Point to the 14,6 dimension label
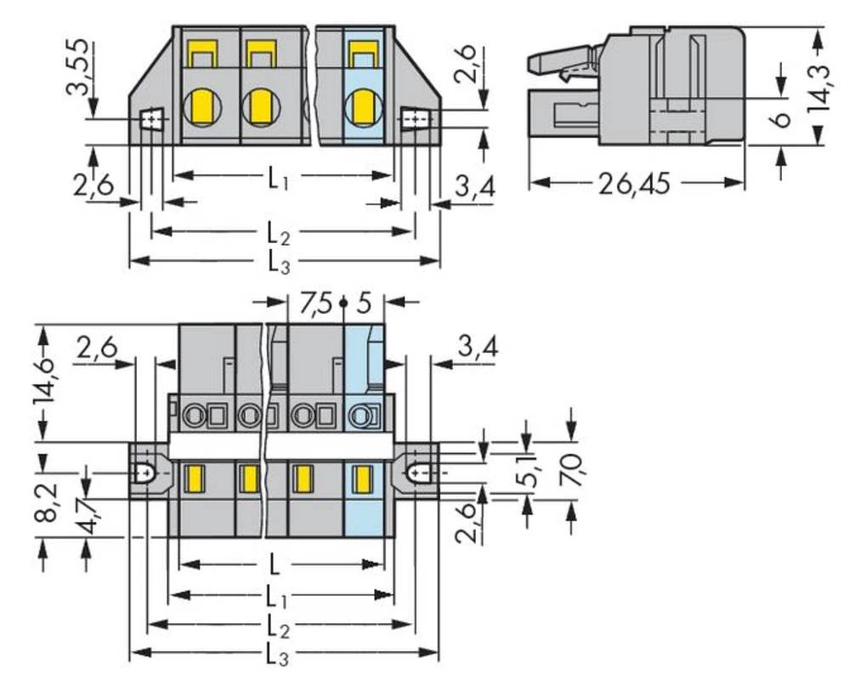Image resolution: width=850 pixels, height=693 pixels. (48, 380)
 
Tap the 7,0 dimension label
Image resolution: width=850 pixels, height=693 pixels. (572, 469)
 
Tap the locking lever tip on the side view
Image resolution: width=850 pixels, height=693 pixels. (534, 61)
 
